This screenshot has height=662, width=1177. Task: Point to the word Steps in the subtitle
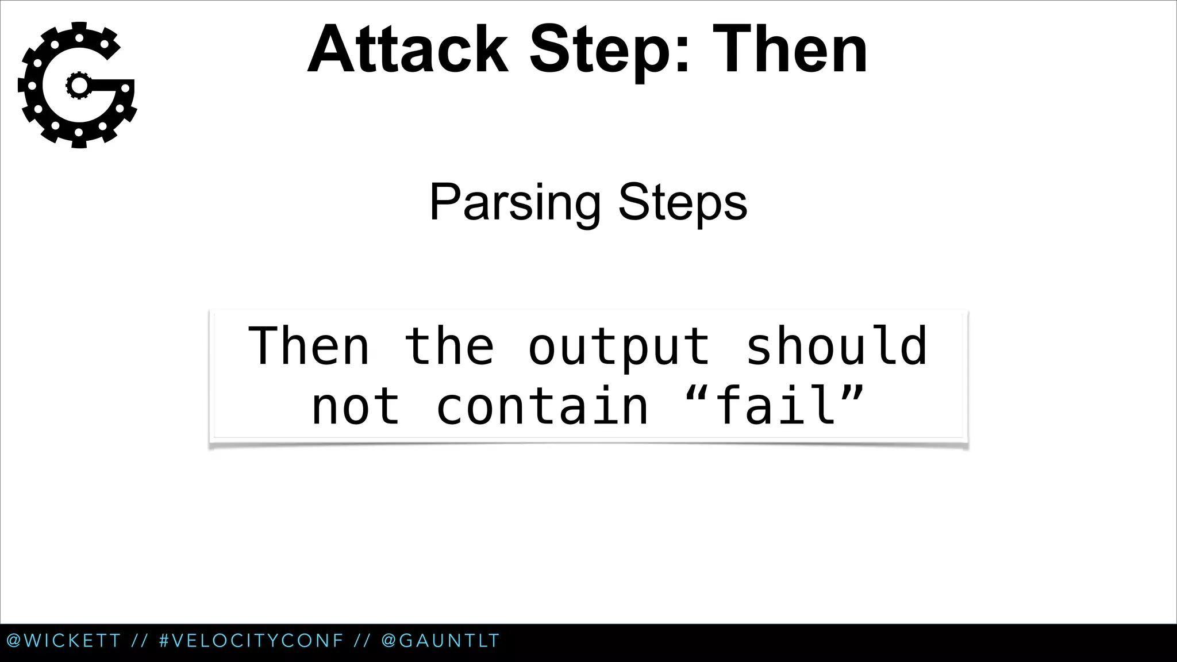pyautogui.click(x=683, y=203)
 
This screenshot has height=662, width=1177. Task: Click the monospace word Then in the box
pyautogui.click(x=309, y=346)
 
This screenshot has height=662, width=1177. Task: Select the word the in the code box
pyautogui.click(x=449, y=346)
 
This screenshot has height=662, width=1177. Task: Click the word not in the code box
pyautogui.click(x=355, y=407)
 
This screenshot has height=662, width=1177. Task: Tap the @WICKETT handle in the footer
pyautogui.click(x=64, y=641)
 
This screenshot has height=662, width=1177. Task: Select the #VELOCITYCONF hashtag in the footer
pyautogui.click(x=251, y=641)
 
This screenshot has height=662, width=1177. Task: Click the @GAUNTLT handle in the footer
pyautogui.click(x=440, y=641)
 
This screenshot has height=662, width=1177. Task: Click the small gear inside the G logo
pyautogui.click(x=78, y=86)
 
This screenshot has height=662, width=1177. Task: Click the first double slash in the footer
pyautogui.click(x=140, y=641)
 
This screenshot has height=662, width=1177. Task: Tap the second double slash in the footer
pyautogui.click(x=362, y=641)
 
